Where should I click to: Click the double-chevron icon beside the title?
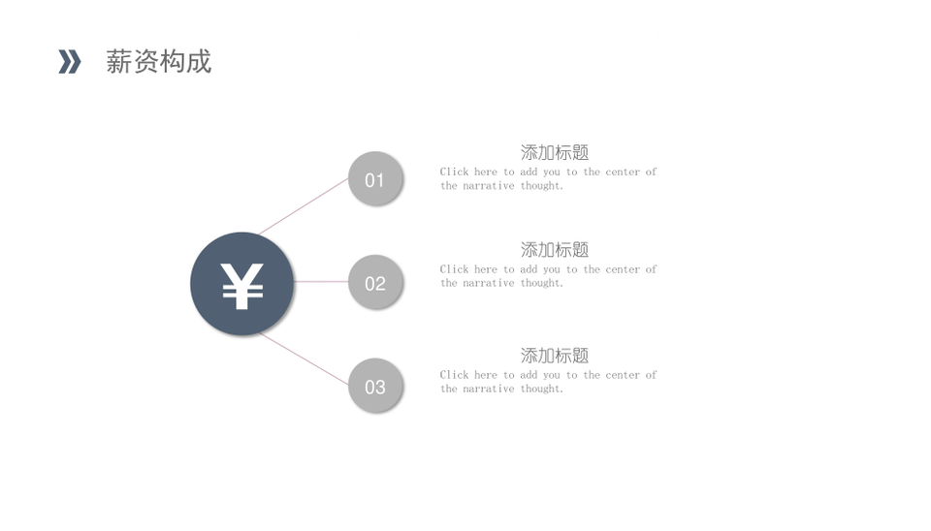click(70, 62)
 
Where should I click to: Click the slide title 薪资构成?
click(158, 62)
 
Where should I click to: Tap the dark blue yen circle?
click(241, 284)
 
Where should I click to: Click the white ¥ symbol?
click(241, 286)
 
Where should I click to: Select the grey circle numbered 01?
click(375, 178)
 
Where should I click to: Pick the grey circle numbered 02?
click(375, 282)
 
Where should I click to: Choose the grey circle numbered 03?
click(375, 386)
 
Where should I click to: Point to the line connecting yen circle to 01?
click(304, 205)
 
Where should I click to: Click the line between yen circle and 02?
click(321, 282)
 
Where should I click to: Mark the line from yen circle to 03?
click(304, 359)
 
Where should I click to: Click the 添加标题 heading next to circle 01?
click(555, 152)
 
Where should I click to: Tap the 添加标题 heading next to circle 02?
click(555, 250)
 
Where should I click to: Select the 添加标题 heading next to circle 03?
click(555, 356)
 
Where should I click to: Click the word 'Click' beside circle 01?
click(454, 172)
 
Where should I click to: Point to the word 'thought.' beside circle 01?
click(541, 186)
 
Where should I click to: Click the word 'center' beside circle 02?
click(623, 269)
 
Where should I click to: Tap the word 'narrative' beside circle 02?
click(489, 283)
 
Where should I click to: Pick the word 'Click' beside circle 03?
click(454, 374)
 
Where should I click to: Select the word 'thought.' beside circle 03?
click(541, 389)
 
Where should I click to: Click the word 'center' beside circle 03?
click(623, 375)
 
